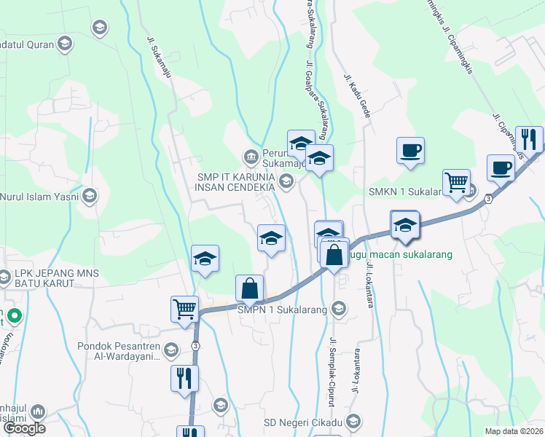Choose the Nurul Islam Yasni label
click(x=40, y=195)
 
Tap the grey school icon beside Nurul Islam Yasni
click(x=90, y=195)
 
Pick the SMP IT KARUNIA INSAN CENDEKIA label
click(x=235, y=181)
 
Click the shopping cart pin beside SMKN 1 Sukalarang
click(x=456, y=183)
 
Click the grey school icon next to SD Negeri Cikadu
click(x=353, y=422)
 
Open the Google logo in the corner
click(x=24, y=428)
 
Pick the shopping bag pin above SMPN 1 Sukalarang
click(x=249, y=288)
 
